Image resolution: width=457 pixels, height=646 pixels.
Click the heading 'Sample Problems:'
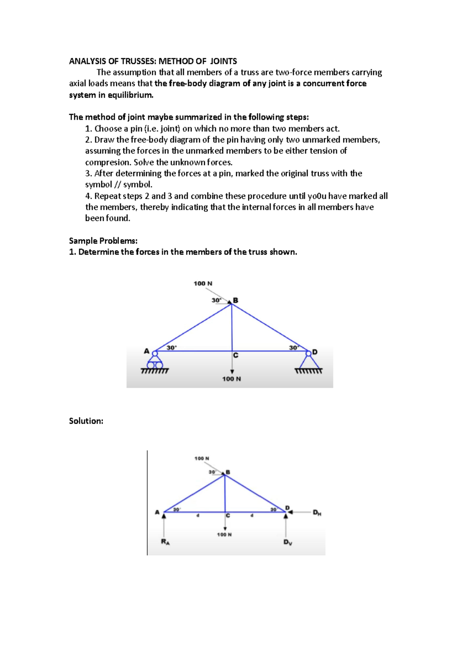coord(103,241)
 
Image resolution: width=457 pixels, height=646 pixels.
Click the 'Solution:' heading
coord(86,421)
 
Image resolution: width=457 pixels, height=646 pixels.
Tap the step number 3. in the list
coord(89,173)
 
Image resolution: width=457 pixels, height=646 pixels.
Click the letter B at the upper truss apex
coord(236,300)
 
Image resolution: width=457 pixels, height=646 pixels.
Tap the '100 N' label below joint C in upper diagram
coord(232,379)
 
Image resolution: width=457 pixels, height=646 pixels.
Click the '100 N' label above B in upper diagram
coord(203,283)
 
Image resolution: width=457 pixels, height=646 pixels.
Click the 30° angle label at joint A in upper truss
coord(172,347)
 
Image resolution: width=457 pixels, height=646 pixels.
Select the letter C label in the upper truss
coord(236,355)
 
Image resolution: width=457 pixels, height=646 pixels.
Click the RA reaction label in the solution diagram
coord(165,542)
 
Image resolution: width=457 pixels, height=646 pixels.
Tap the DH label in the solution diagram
coord(317,513)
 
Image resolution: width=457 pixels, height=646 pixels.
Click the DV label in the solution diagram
coord(288,542)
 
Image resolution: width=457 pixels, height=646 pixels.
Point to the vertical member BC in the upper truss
coord(232,328)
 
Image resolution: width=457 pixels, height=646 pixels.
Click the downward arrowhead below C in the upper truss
coord(232,371)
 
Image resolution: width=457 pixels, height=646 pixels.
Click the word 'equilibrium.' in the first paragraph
coord(131,95)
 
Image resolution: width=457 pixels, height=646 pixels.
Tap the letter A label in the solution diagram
coord(157,512)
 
